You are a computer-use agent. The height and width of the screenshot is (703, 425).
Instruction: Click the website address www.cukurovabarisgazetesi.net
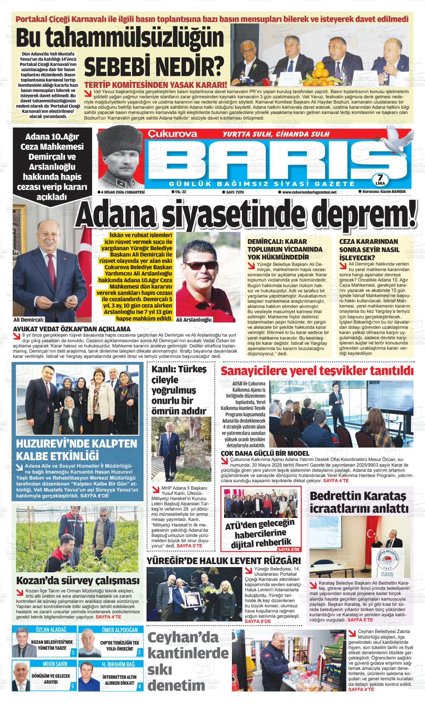(307, 192)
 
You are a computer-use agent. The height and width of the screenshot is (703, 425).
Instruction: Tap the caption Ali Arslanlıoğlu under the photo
(193, 320)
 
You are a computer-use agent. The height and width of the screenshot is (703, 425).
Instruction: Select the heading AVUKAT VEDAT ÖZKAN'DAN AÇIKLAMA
(72, 329)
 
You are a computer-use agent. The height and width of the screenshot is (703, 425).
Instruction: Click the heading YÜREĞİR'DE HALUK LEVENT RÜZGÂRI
(224, 561)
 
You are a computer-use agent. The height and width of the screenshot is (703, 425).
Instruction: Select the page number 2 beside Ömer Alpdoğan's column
(139, 652)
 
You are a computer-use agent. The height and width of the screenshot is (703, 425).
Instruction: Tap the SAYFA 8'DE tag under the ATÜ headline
(289, 550)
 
